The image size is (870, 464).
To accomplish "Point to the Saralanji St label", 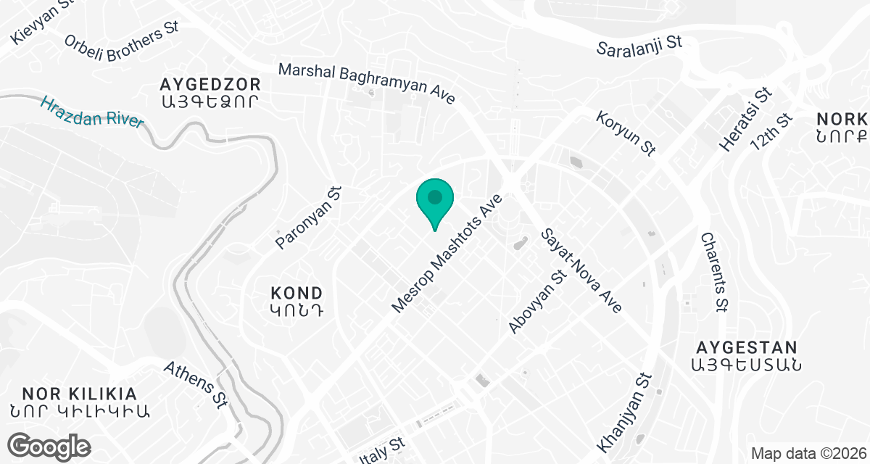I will (639, 46).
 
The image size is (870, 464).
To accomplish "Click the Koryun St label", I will (626, 133).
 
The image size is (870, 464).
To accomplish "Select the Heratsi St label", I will (745, 120).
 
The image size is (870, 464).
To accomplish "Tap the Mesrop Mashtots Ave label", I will (447, 254).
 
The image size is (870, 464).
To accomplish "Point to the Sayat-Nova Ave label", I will (581, 270).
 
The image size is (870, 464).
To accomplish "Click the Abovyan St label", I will (536, 302).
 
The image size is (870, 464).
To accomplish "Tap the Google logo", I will (49, 445).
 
